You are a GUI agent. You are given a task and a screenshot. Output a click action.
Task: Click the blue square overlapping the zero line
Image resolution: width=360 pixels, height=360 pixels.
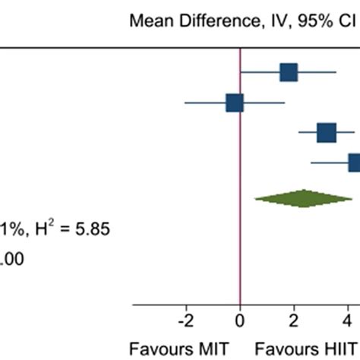pos(235,103)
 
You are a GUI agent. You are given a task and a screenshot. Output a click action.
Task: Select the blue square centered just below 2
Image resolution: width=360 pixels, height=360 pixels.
pos(289,72)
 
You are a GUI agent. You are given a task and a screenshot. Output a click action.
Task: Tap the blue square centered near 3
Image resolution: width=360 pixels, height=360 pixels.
pos(327,134)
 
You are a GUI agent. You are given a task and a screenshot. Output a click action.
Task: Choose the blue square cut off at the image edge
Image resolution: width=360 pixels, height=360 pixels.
pos(354,163)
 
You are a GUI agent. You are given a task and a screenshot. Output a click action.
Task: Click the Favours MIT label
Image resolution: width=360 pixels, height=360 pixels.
pos(168,349)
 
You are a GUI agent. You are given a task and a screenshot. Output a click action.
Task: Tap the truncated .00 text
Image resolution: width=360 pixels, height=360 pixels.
pos(11,258)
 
